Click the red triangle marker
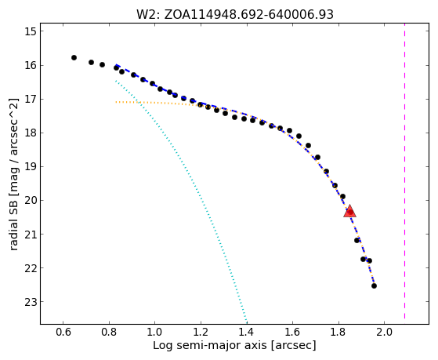[349, 211]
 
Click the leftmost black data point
[74, 57]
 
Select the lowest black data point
[374, 285]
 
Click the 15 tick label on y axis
[31, 31]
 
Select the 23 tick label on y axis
[31, 302]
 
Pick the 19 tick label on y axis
[31, 167]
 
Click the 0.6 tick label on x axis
[63, 332]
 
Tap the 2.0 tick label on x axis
[385, 332]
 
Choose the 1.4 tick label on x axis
[247, 332]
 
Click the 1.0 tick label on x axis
[155, 332]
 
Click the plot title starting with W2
[235, 14]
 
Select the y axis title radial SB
[14, 174]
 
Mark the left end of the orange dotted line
[116, 102]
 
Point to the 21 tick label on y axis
[31, 235]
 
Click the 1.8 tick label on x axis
[338, 332]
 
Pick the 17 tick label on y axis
[31, 100]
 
